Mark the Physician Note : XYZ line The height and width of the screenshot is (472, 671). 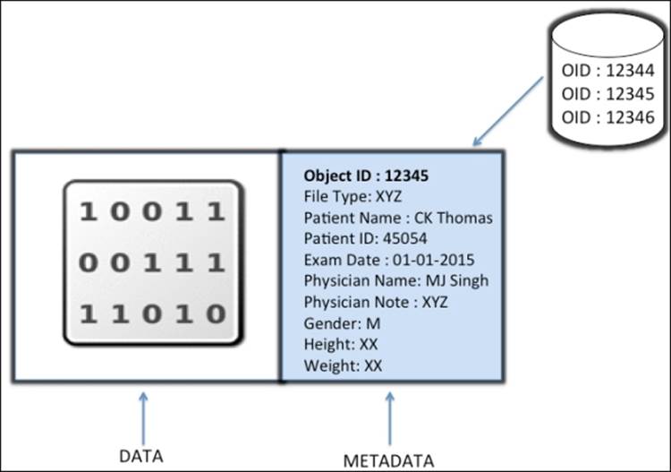click(376, 302)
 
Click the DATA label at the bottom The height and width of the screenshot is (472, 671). click(141, 456)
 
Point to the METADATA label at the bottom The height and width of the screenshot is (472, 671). click(389, 460)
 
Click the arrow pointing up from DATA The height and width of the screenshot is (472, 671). click(142, 416)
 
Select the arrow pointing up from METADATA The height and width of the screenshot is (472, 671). click(389, 416)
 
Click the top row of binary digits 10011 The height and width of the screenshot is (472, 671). click(152, 212)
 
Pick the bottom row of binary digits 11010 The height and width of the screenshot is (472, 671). click(152, 313)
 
